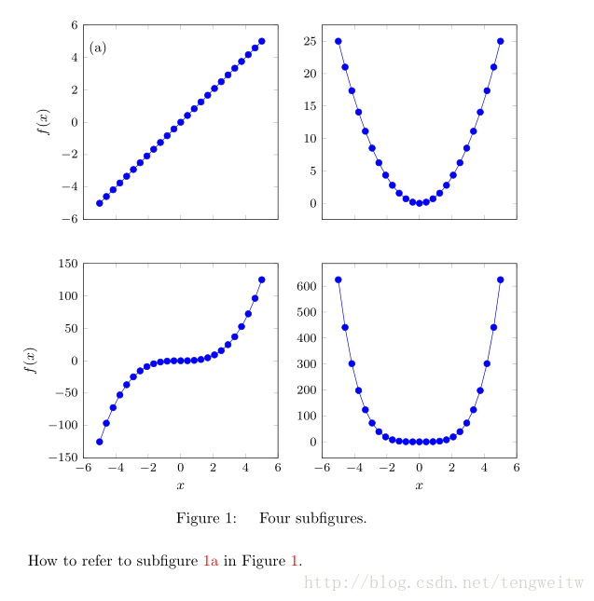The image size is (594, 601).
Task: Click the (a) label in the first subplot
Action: (x=98, y=48)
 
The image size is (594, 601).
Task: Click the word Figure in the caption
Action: (x=201, y=518)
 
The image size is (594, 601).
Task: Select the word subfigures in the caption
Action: (x=329, y=518)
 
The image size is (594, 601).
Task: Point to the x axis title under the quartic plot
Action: (x=419, y=485)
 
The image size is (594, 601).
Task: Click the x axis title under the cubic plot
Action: (x=180, y=485)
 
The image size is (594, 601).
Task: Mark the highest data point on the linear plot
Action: (x=262, y=41)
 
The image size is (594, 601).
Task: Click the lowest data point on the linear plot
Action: (x=100, y=203)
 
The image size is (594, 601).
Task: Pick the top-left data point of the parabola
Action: (x=338, y=41)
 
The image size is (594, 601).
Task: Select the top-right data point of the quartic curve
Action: (x=501, y=280)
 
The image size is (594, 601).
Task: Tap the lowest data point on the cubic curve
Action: (x=100, y=442)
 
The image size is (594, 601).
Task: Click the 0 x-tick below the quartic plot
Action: (x=419, y=468)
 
